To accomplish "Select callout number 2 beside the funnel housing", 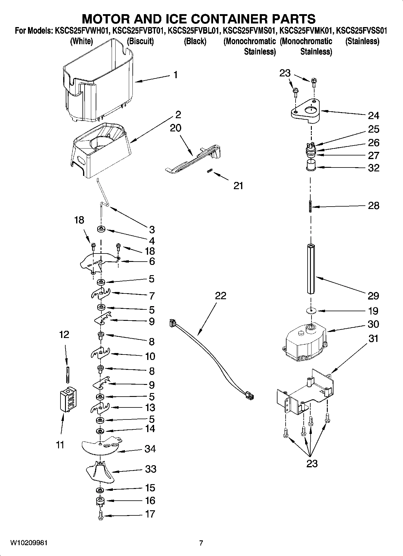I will (178, 115).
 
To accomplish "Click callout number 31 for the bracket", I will (373, 339).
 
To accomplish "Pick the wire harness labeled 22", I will (211, 361).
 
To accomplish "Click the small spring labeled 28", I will (311, 207).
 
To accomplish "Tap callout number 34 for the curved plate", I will (150, 449).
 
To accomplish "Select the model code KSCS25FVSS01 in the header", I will (361, 31).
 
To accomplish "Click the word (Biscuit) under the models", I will (140, 41).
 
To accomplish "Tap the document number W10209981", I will (29, 543).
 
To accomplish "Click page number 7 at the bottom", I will (201, 543).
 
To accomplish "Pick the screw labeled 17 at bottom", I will (101, 515).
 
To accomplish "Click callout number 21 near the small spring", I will (238, 186).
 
